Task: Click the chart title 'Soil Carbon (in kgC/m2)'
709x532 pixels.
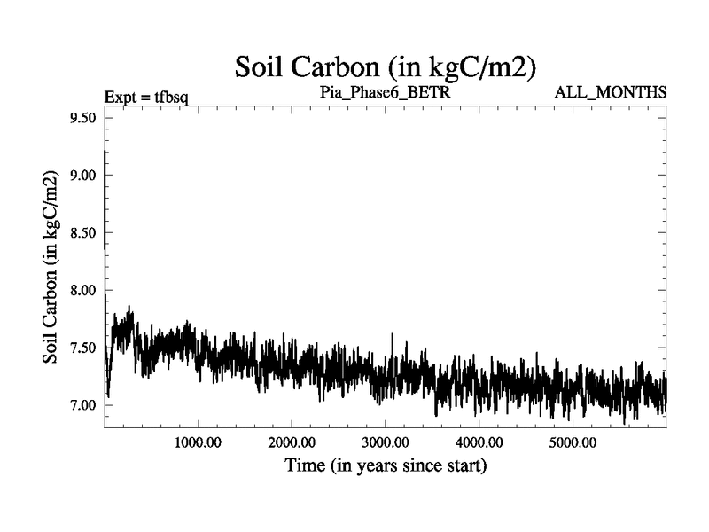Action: pyautogui.click(x=386, y=66)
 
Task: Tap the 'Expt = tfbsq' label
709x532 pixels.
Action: pyautogui.click(x=146, y=93)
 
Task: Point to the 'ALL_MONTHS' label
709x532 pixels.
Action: pyautogui.click(x=611, y=92)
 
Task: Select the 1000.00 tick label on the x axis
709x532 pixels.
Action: pyautogui.click(x=198, y=442)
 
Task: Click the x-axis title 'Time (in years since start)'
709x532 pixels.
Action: pyautogui.click(x=385, y=465)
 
